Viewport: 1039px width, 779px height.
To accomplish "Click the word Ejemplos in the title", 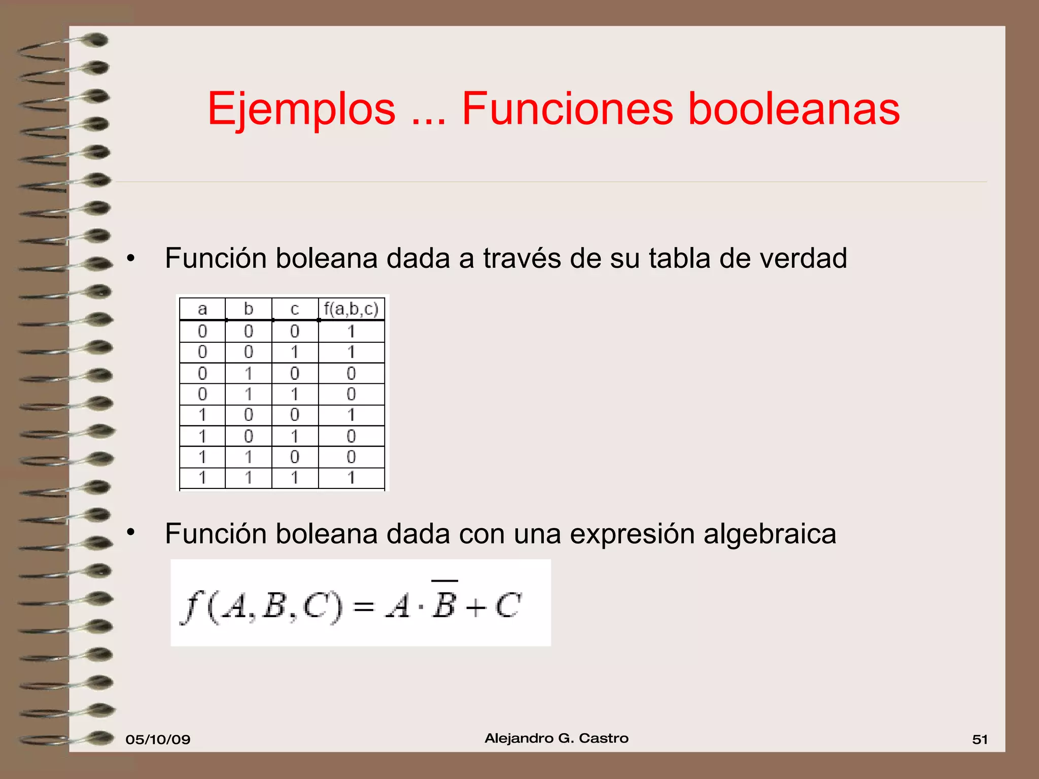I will pos(301,109).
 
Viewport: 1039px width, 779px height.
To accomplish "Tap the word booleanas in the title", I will pos(793,109).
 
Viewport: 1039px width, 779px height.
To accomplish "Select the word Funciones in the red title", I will pos(567,109).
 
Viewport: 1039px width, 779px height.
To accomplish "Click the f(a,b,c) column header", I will pos(351,309).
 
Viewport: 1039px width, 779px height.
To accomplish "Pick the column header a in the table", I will pos(202,309).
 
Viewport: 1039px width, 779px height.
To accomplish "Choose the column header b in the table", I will pos(249,309).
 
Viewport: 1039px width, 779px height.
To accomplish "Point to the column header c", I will pos(295,309).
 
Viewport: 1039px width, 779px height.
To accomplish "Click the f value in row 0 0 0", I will pos(351,332).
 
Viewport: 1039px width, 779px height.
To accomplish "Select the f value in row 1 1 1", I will pos(351,478).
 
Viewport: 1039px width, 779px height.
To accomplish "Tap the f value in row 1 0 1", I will pos(351,436).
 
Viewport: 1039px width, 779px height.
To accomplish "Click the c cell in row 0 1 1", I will pos(295,394).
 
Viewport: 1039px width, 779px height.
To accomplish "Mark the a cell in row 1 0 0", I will pos(202,415).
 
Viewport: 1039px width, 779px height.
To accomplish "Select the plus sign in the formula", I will pos(476,607).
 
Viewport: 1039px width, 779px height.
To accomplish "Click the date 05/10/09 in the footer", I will pos(158,739).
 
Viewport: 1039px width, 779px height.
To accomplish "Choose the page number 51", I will pos(980,739).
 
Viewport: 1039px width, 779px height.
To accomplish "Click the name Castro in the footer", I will pos(603,738).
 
